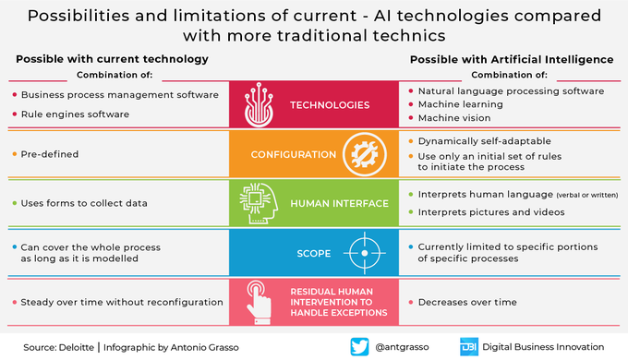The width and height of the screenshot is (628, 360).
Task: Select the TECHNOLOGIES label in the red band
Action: [x=331, y=105]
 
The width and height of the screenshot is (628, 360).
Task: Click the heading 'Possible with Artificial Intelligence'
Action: [x=512, y=59]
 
